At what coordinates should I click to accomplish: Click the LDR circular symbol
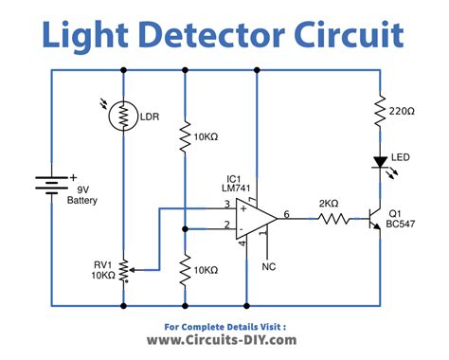tap(123, 116)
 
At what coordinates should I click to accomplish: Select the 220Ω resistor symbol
tap(380, 111)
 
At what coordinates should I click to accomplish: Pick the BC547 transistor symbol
tap(375, 218)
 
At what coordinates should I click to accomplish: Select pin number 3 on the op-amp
tap(227, 204)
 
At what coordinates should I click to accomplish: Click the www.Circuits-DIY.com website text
tap(224, 338)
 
